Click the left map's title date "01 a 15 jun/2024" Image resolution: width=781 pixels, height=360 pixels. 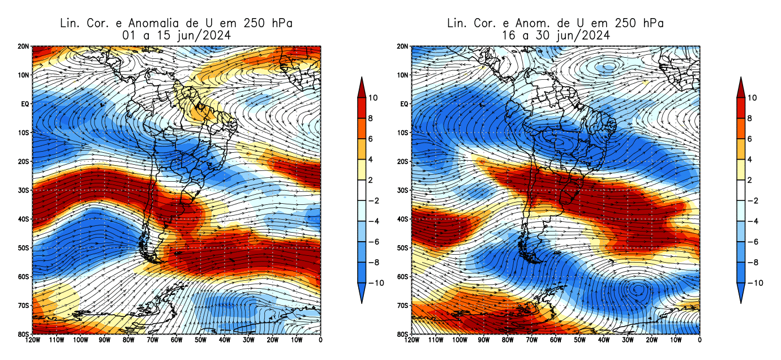click(177, 35)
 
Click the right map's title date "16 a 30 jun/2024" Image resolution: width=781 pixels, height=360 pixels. click(555, 35)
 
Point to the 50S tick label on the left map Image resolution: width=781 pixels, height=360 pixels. click(24, 248)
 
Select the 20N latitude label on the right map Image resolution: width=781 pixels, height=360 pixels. click(403, 46)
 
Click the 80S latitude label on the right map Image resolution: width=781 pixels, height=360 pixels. click(403, 335)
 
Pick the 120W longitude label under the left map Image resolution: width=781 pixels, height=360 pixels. click(32, 341)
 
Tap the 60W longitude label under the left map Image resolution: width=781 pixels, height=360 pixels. click(176, 341)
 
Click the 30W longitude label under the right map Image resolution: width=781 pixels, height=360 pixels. click(627, 341)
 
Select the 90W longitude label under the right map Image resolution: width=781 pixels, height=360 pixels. click(483, 341)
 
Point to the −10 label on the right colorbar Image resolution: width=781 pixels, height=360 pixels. click(752, 283)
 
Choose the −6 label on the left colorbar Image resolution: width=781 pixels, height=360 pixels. click(374, 242)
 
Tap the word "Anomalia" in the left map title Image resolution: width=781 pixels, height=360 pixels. click(156, 23)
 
